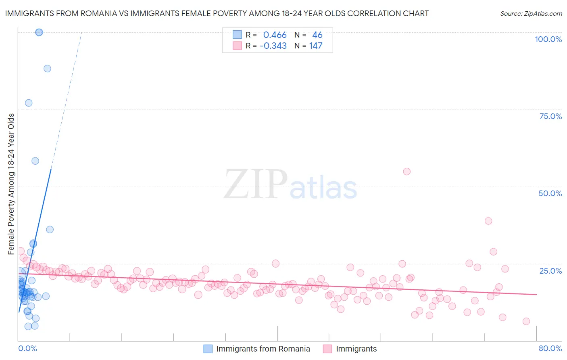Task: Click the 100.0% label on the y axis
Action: click(548, 39)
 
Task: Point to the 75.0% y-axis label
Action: click(550, 116)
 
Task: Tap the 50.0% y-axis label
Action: click(550, 193)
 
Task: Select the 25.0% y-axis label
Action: click(550, 271)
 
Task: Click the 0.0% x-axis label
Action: click(27, 348)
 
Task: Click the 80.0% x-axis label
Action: click(550, 348)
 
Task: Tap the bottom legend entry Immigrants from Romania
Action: click(263, 349)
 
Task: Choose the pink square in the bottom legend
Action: click(327, 349)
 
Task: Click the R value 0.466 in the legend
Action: click(275, 35)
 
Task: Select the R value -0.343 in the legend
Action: click(273, 46)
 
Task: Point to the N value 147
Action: click(316, 46)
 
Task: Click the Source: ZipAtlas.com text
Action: click(531, 13)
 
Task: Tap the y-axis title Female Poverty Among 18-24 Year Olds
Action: click(11, 184)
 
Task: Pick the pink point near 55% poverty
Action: click(406, 172)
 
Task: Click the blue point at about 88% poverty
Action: click(47, 69)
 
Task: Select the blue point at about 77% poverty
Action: click(29, 103)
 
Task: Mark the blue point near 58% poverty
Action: click(35, 161)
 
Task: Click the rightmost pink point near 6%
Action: click(526, 321)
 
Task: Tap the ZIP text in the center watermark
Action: click(255, 184)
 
